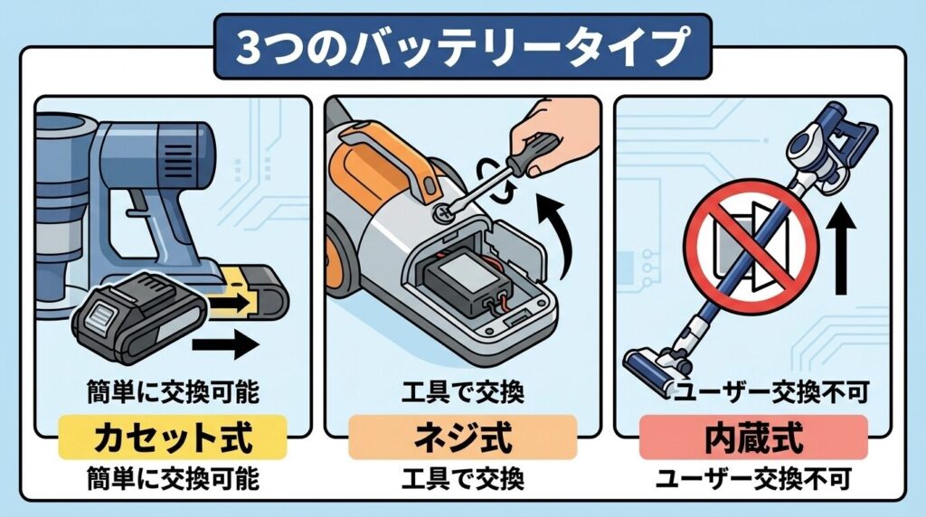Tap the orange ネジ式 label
(462, 438)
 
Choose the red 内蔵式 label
(753, 438)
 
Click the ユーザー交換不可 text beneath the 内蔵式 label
(753, 477)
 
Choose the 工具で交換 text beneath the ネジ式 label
(462, 477)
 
